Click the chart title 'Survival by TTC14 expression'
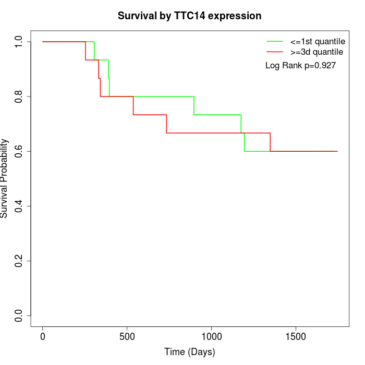tap(189, 16)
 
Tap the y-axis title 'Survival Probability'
tap(5, 178)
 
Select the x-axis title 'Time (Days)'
tap(189, 352)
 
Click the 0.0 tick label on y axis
tap(19, 315)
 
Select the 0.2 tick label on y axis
tap(19, 261)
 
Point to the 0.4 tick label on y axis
tap(19, 206)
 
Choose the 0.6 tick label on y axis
tap(19, 151)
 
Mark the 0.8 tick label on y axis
tap(19, 96)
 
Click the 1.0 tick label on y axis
tap(19, 42)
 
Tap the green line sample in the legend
tap(275, 41)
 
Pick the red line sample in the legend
tap(275, 52)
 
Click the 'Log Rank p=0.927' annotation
tap(300, 65)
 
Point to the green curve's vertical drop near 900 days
tap(194, 106)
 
